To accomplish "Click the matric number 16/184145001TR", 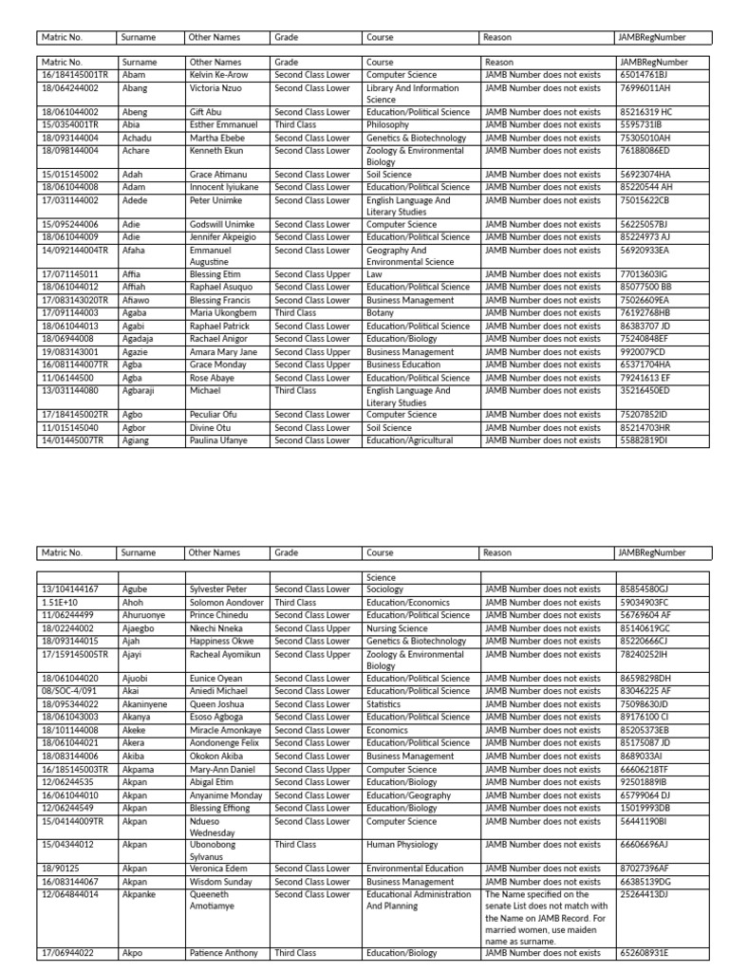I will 75,74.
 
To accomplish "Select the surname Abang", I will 134,87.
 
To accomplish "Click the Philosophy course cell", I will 388,124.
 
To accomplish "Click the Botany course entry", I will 380,312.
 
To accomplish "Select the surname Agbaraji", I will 140,390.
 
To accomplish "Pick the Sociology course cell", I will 385,589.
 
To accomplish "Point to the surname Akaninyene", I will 146,705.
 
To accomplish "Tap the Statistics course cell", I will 384,705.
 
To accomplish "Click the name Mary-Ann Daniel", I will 222,769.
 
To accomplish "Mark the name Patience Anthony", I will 224,953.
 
